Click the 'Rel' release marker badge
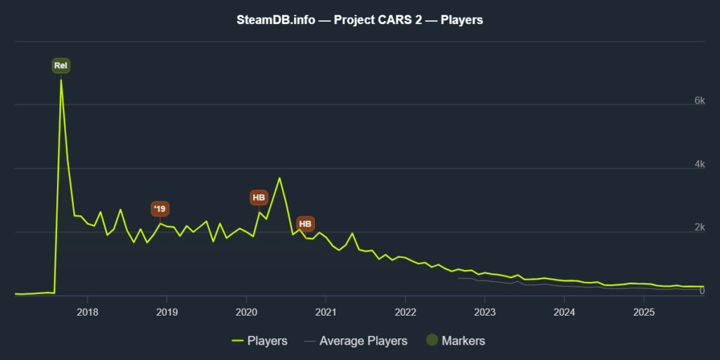61,66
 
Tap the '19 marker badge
160,209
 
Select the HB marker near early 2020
259,198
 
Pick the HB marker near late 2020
305,224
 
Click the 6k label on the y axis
699,101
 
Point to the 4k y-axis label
699,165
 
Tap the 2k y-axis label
699,228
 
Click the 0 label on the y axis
702,291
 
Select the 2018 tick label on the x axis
86,311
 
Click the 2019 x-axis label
166,311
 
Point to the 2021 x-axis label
326,311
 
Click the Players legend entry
259,341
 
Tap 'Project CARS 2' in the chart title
368,20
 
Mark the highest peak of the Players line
61,80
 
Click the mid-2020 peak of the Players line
279,178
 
